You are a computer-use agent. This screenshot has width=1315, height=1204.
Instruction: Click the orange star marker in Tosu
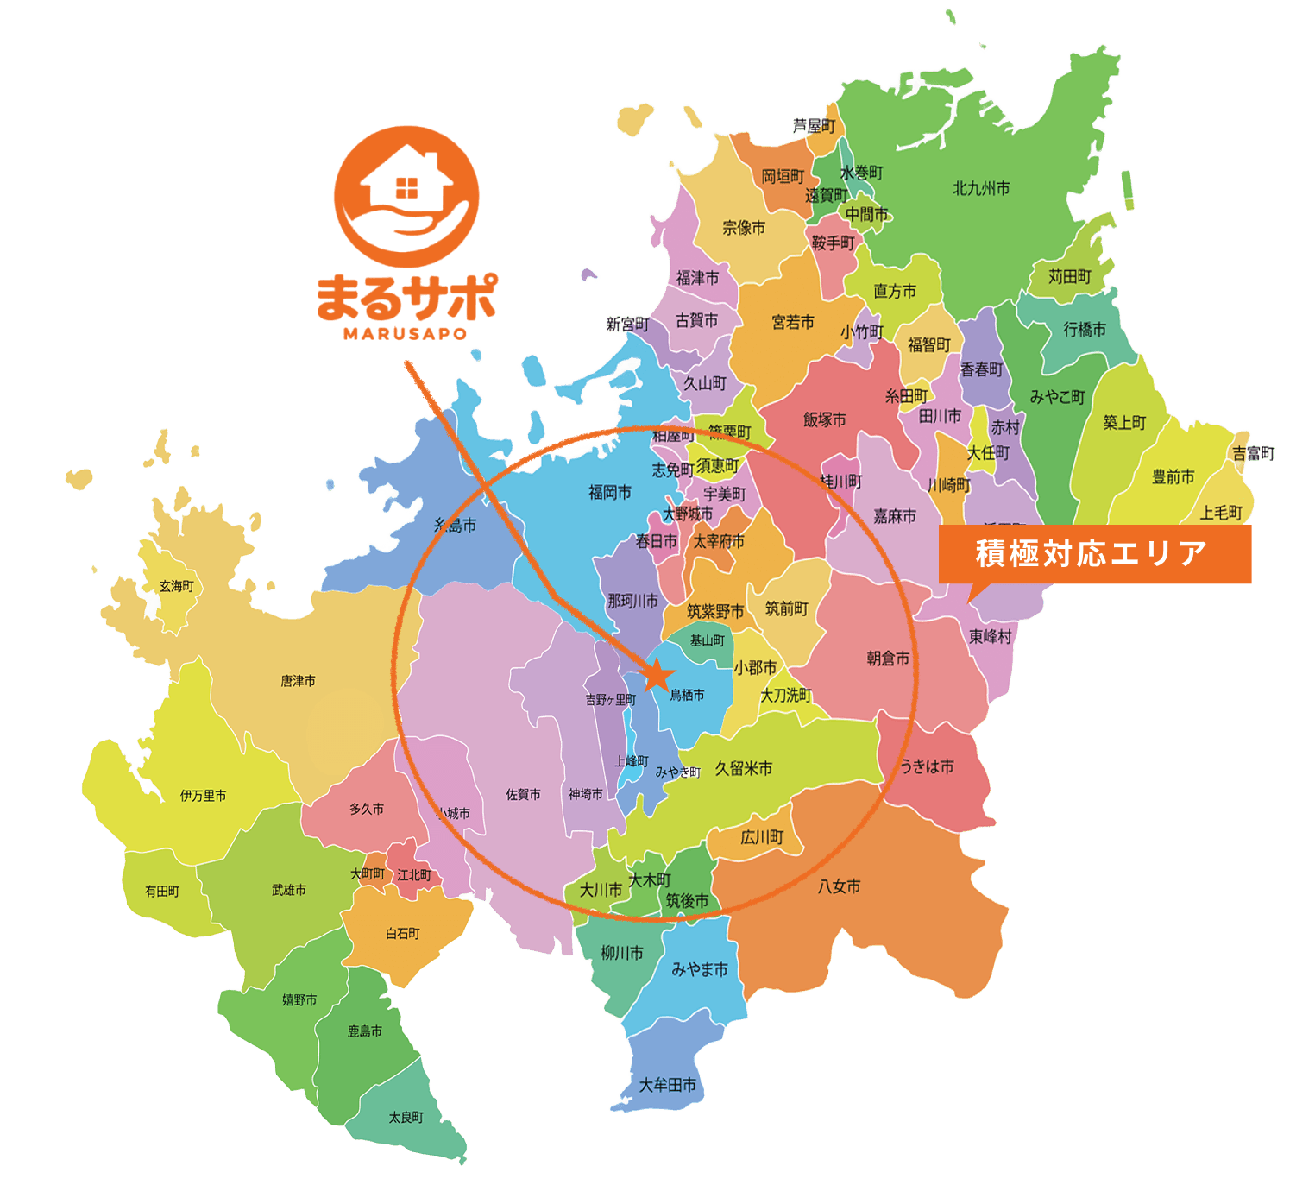(658, 674)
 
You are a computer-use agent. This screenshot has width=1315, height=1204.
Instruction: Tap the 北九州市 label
(981, 188)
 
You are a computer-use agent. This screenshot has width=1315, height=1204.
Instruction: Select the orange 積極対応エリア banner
(1094, 554)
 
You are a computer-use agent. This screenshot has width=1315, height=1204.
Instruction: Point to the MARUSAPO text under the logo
(405, 333)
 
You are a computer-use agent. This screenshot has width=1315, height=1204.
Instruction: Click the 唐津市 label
(298, 681)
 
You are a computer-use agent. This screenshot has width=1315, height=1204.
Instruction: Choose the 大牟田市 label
(667, 1085)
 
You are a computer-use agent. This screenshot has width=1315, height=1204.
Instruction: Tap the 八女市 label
(839, 886)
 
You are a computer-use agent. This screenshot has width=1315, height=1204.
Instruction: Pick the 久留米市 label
(743, 768)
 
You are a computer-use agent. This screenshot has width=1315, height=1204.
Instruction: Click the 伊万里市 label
(204, 796)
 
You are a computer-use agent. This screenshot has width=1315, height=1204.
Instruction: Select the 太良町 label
(406, 1117)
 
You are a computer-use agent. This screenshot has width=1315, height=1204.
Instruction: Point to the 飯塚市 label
(824, 419)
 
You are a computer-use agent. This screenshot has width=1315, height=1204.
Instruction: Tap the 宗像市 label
(744, 228)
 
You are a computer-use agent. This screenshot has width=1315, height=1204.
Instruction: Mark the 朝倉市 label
(888, 659)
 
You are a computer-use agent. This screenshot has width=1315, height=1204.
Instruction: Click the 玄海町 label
(176, 586)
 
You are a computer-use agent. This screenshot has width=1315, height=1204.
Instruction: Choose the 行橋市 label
(1084, 330)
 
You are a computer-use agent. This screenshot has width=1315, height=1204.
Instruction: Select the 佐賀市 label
(523, 794)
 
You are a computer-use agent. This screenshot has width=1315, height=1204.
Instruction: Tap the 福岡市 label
(610, 492)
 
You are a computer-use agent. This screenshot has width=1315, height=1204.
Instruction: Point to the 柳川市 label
(621, 953)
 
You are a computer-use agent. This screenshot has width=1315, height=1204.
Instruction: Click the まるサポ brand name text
(406, 298)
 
